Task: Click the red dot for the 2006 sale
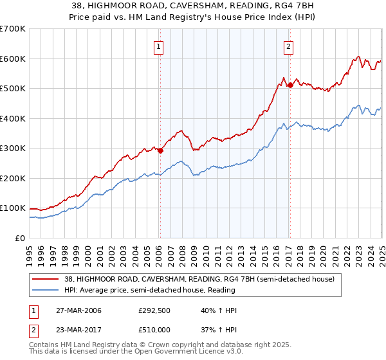pos(160,150)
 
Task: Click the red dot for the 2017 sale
pos(290,85)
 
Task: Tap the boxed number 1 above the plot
pos(158,46)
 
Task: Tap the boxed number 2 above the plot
pos(289,46)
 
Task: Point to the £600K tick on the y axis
pos(13,59)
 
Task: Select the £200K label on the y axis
pos(13,178)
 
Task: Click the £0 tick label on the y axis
pos(21,238)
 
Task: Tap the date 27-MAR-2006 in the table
pos(79,310)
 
